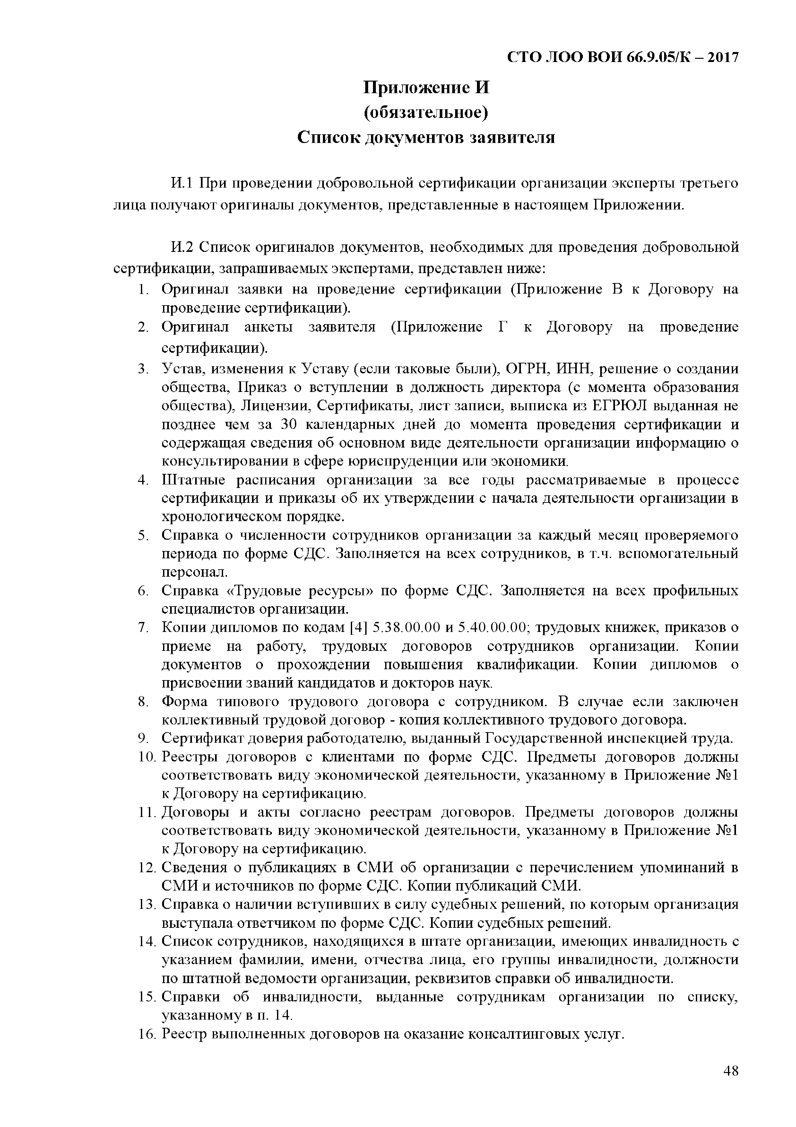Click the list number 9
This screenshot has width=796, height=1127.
click(x=143, y=738)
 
